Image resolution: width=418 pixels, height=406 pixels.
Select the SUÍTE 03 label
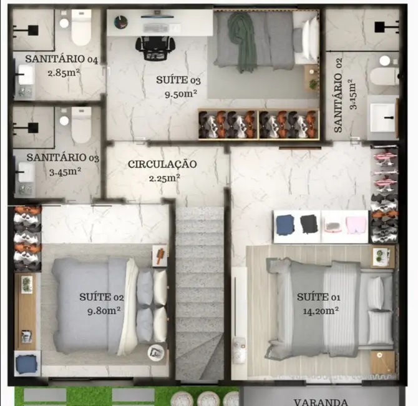coord(178,81)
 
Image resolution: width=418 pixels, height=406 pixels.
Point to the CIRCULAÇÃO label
coord(162,164)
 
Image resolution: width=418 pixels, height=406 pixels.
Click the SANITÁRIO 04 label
coord(62,59)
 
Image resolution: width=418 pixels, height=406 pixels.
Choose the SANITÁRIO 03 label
coord(63,158)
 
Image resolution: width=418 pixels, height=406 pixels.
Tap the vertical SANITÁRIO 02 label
coord(339,103)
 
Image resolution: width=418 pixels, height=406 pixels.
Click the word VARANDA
coord(320,402)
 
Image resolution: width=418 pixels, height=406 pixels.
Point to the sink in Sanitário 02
coord(382,116)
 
